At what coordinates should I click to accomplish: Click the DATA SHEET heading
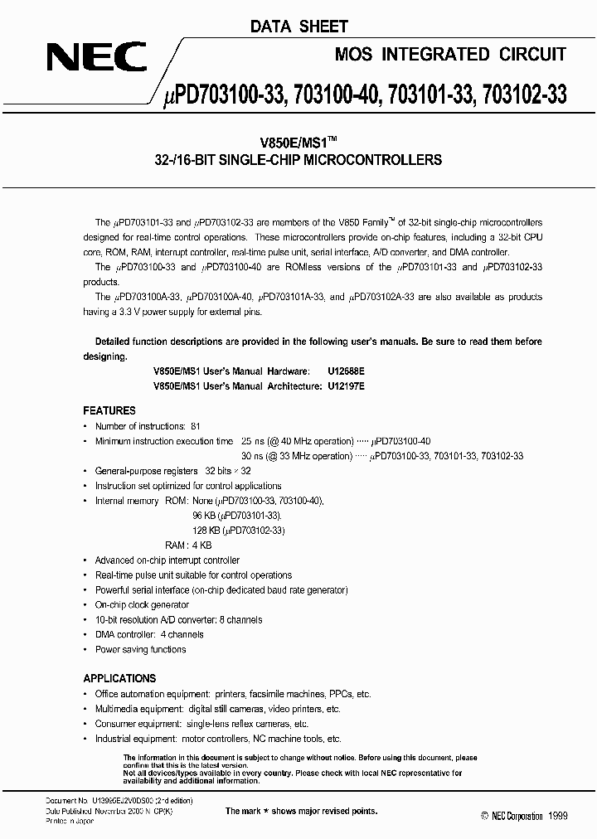pos(299,27)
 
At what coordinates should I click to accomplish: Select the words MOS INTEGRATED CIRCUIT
pos(450,55)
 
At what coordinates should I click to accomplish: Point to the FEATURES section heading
pos(109,410)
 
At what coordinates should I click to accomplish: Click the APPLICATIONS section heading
pos(120,676)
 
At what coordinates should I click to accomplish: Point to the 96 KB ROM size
pos(204,516)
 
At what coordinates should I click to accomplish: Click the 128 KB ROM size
pos(206,531)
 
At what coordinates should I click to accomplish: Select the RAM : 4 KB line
pos(188,546)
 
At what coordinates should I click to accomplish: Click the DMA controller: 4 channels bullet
pos(149,634)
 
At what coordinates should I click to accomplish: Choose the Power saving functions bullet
pos(140,649)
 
